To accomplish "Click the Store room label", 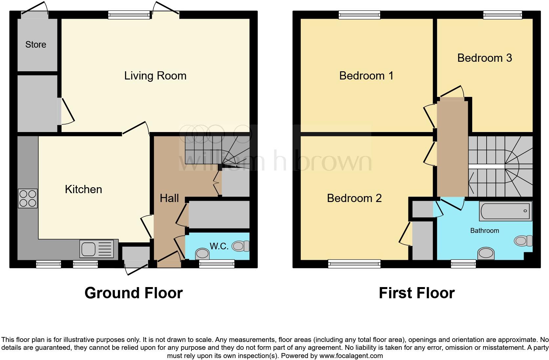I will point(35,44).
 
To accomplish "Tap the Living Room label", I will point(155,76).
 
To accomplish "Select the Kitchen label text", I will point(83,189).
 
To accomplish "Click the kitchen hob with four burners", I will point(28,199).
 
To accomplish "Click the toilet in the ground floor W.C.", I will point(241,246).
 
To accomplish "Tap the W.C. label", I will point(219,246).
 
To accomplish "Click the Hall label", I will point(169,198).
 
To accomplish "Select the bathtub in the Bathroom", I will point(506,211).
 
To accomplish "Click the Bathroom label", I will point(484,231).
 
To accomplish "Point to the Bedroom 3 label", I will point(484,58).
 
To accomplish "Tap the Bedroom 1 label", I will point(366,76).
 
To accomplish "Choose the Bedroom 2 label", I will point(354,198).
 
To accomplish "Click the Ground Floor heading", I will point(133,293).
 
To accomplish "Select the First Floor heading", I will point(416,293).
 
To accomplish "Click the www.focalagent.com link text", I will point(351,356).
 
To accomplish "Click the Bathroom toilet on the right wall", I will point(523,241).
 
